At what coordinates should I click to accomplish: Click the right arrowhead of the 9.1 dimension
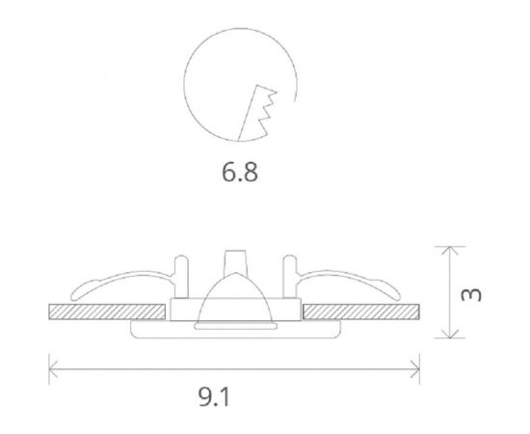[x=415, y=366]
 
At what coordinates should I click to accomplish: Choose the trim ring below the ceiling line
[x=235, y=331]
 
